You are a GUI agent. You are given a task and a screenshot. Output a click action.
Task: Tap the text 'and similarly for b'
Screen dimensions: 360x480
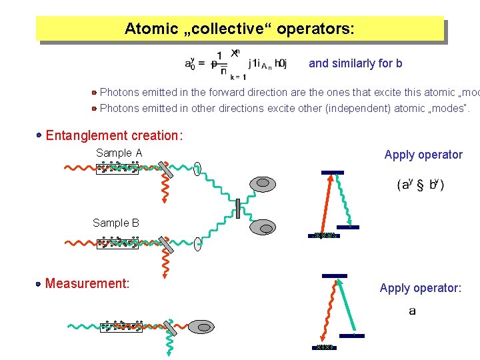point(355,63)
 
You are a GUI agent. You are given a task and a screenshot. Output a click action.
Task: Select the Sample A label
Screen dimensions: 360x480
point(119,153)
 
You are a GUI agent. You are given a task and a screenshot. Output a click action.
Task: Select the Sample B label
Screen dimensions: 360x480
point(116,223)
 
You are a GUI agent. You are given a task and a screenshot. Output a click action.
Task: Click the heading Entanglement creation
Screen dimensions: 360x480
point(114,135)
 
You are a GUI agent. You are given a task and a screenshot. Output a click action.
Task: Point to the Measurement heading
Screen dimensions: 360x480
point(87,283)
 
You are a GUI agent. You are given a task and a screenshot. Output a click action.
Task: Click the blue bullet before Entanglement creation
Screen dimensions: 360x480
point(40,135)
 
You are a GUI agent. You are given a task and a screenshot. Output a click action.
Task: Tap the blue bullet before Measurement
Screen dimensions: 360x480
point(39,284)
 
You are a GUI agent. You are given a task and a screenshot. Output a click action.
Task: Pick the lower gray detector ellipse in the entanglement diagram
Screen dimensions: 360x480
point(262,227)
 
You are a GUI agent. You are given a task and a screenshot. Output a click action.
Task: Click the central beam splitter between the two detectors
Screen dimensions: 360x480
point(237,208)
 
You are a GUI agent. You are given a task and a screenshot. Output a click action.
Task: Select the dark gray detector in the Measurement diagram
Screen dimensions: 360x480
point(200,327)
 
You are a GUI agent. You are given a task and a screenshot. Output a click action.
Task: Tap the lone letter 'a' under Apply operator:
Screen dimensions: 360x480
point(413,311)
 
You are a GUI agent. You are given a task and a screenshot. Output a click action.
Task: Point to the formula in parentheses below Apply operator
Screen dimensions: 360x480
point(421,185)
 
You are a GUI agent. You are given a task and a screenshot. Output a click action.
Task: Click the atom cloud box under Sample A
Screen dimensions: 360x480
point(118,169)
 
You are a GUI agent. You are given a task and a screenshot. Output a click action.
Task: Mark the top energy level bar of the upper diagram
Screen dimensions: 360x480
point(333,173)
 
